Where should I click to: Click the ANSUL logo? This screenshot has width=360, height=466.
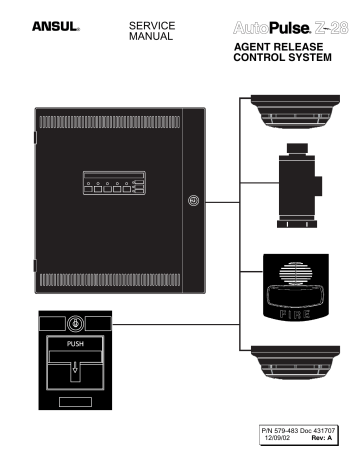(46, 20)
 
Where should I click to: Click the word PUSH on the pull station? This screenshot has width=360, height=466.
(77, 346)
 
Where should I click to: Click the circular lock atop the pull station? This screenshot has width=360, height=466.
(77, 323)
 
